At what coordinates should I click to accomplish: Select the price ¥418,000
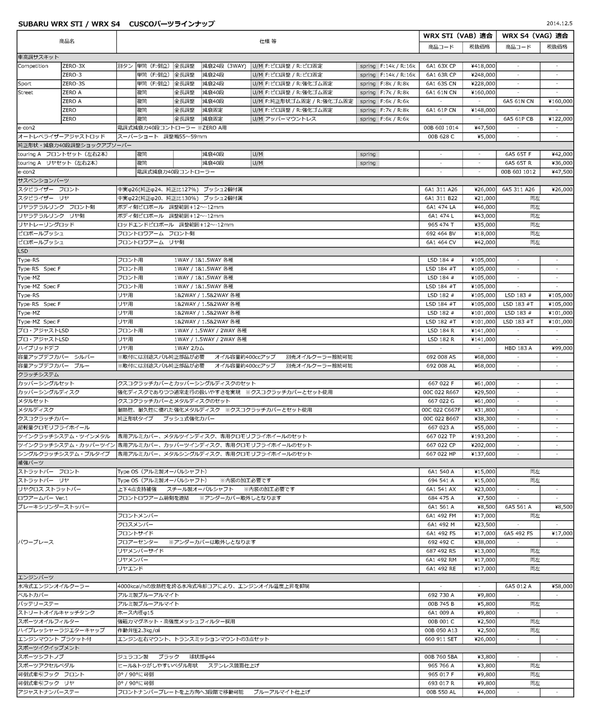click(483, 66)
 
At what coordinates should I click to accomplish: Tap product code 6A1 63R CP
click(441, 75)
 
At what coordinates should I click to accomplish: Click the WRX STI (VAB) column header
click(457, 36)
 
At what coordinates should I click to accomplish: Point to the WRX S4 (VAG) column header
click(535, 36)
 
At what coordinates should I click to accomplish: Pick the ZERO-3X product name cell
click(74, 66)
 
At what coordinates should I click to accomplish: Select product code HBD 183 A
click(518, 348)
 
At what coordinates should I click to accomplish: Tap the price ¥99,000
click(562, 348)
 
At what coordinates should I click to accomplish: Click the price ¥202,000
click(483, 445)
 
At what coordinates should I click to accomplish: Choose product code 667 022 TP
click(441, 437)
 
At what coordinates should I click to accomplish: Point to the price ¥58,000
click(562, 586)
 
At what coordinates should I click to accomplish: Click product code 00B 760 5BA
click(441, 657)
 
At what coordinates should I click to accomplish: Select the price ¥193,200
click(483, 437)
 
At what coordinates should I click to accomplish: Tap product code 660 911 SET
click(441, 639)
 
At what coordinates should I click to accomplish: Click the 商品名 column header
click(66, 41)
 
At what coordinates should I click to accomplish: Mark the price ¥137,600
click(483, 454)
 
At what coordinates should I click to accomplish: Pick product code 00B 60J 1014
click(441, 128)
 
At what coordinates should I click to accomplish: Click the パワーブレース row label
click(36, 542)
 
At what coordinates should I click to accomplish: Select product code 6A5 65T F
click(518, 154)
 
